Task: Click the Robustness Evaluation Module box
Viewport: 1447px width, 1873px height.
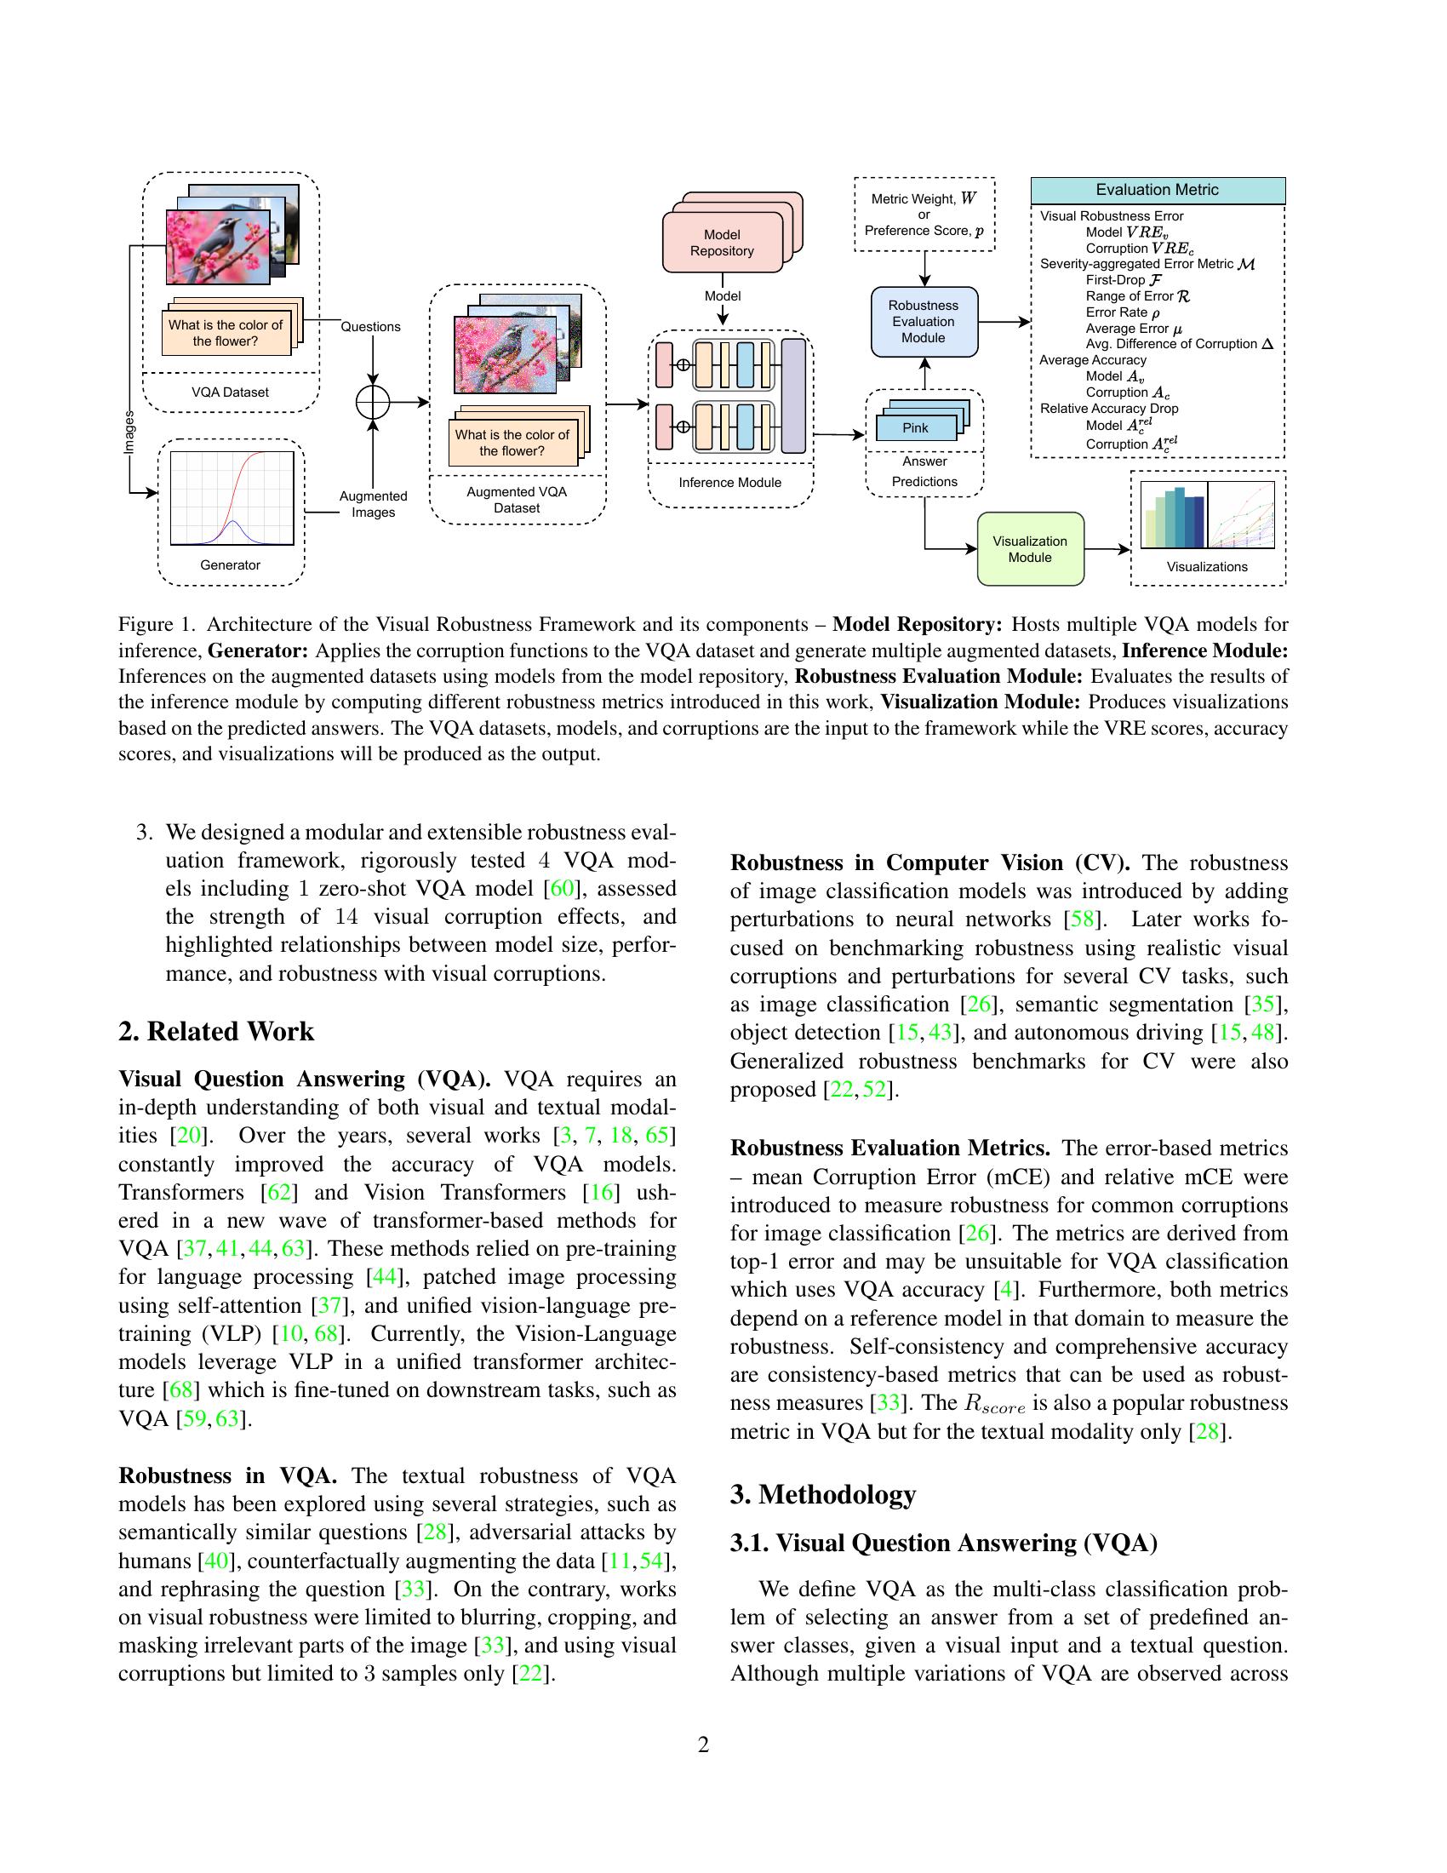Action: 924,322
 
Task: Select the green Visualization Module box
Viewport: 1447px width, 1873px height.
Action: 1030,549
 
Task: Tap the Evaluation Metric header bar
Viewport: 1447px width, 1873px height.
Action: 1157,191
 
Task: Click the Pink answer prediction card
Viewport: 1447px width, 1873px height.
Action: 915,428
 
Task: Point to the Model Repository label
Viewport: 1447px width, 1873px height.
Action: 722,243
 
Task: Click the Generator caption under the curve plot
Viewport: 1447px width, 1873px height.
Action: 230,565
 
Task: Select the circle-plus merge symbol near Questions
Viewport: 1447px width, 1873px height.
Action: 373,401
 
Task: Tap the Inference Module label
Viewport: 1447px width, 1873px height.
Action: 729,483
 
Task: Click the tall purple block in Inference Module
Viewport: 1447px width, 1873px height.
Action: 794,395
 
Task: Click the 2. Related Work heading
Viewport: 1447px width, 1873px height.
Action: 216,1031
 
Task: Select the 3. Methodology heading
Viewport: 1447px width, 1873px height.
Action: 822,1494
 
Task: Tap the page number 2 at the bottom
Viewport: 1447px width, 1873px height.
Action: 704,1744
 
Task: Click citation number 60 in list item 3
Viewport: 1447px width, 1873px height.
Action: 561,889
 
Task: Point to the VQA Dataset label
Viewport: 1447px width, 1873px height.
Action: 230,392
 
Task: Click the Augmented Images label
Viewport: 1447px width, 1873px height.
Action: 373,504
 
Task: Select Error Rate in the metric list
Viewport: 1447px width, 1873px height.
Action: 1122,312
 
